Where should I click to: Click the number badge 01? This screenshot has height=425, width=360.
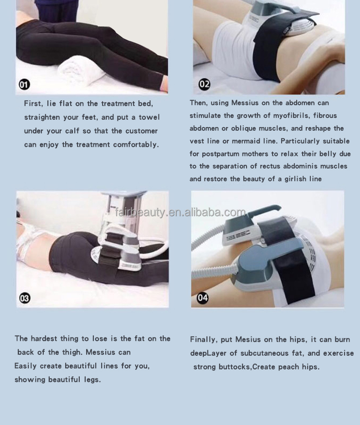(x=24, y=84)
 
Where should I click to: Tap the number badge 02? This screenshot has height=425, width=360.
(x=204, y=84)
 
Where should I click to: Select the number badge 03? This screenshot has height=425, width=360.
(x=25, y=298)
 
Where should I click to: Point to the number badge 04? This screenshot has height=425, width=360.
(x=202, y=298)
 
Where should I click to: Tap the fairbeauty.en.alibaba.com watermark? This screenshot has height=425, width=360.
(x=180, y=212)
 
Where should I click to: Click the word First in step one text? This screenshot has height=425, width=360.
(x=33, y=104)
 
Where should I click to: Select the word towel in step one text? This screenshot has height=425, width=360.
(x=149, y=118)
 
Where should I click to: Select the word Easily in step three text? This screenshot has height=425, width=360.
(x=26, y=366)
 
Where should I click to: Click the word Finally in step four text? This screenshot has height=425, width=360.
(x=204, y=340)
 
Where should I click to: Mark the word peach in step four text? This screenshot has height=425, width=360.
(x=288, y=367)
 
